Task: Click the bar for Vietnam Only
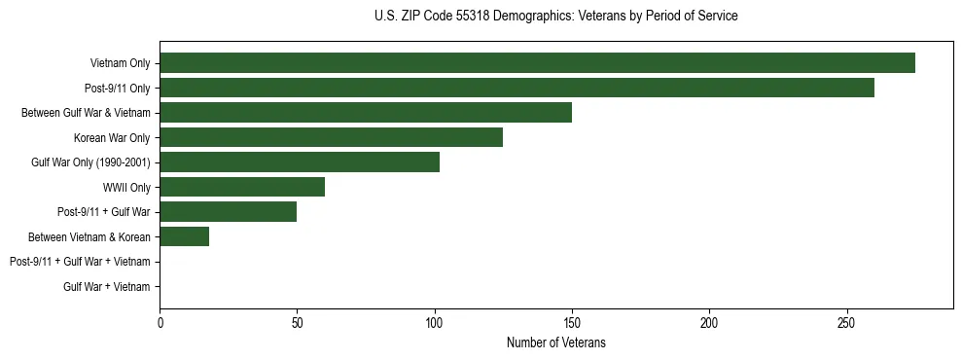(537, 63)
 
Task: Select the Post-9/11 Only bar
(517, 88)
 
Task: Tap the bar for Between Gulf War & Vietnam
(366, 113)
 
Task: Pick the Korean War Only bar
(331, 137)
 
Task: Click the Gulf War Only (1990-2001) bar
(300, 162)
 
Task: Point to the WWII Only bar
(242, 187)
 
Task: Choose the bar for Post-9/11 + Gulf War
(229, 212)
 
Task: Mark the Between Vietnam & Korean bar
(185, 236)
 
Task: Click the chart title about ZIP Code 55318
(555, 17)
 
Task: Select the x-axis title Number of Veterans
(555, 342)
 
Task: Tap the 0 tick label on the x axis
(160, 322)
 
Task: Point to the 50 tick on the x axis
(297, 322)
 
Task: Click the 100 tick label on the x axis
(435, 322)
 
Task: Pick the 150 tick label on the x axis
(572, 322)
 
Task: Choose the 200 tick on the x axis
(709, 322)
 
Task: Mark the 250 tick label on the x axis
(847, 322)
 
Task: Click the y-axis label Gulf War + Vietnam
(107, 286)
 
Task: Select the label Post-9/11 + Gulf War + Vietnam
(80, 262)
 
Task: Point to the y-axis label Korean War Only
(112, 137)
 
